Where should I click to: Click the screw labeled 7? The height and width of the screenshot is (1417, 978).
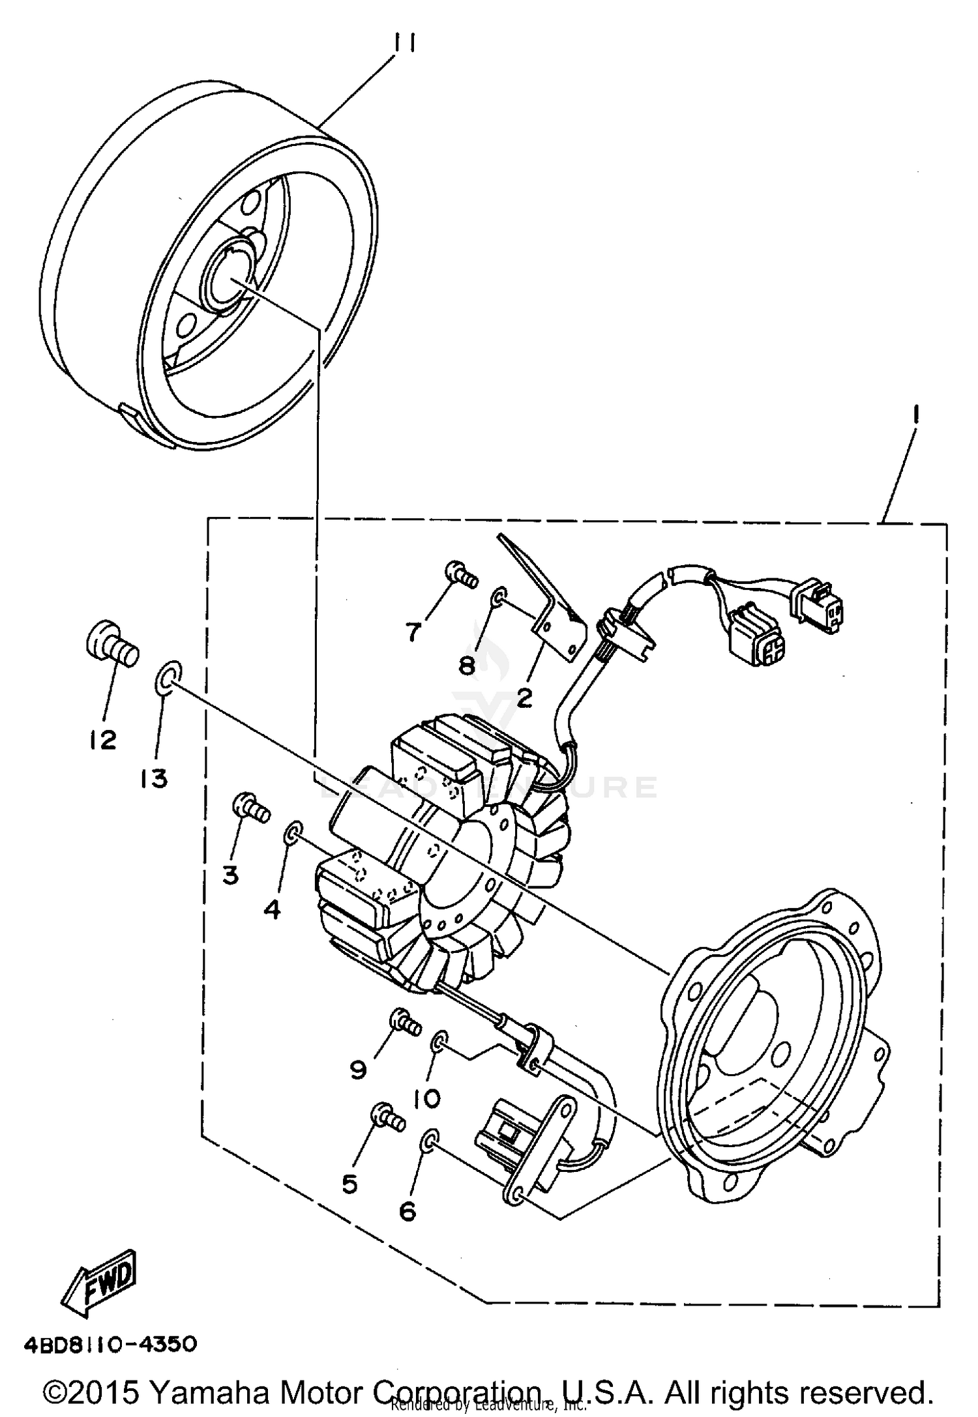(460, 574)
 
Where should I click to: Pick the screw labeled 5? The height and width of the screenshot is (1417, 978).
(388, 1117)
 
